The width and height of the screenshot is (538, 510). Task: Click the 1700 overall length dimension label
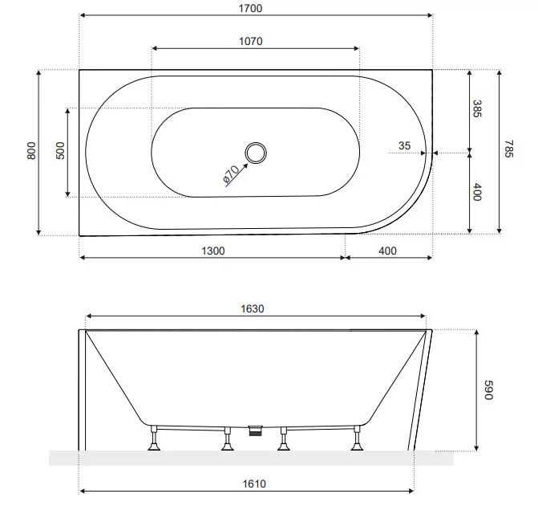(x=250, y=8)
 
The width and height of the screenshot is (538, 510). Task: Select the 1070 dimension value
(x=250, y=41)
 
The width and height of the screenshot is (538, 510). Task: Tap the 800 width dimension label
(x=31, y=150)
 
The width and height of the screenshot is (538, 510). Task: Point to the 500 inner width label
(x=60, y=150)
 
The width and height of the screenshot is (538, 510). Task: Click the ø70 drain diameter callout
(x=231, y=173)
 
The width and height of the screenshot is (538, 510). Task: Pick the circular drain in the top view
(x=256, y=153)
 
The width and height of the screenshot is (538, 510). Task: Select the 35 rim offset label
(x=405, y=145)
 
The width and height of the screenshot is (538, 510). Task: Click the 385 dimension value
(x=477, y=108)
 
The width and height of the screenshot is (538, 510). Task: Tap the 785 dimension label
(x=509, y=149)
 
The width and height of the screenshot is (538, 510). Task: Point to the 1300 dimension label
(x=213, y=251)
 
